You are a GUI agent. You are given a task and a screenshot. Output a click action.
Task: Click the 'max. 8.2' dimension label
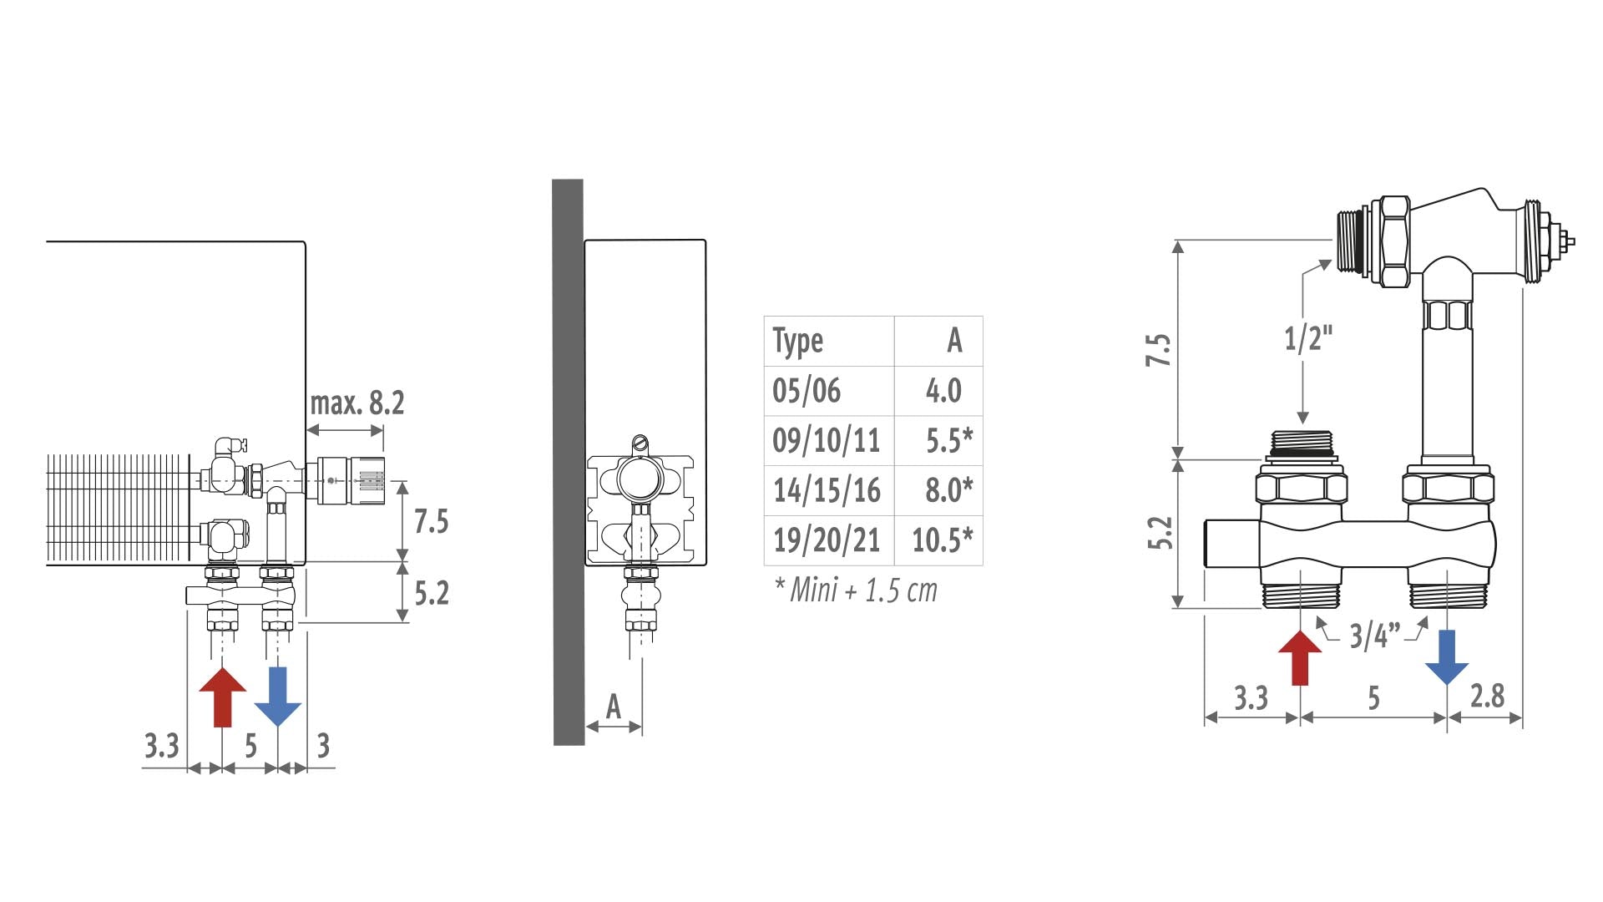357,403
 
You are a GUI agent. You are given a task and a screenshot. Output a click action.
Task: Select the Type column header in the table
798,342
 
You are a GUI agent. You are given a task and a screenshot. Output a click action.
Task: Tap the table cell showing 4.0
943,391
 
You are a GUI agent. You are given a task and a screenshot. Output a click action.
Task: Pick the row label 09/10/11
827,440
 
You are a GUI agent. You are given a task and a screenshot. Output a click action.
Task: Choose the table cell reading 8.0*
949,490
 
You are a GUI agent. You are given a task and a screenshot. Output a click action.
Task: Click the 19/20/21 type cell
827,540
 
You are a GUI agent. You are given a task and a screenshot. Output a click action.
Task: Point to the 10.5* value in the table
943,540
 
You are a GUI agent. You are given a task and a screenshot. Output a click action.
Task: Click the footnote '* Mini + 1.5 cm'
856,590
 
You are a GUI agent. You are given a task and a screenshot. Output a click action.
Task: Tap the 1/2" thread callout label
1308,338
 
